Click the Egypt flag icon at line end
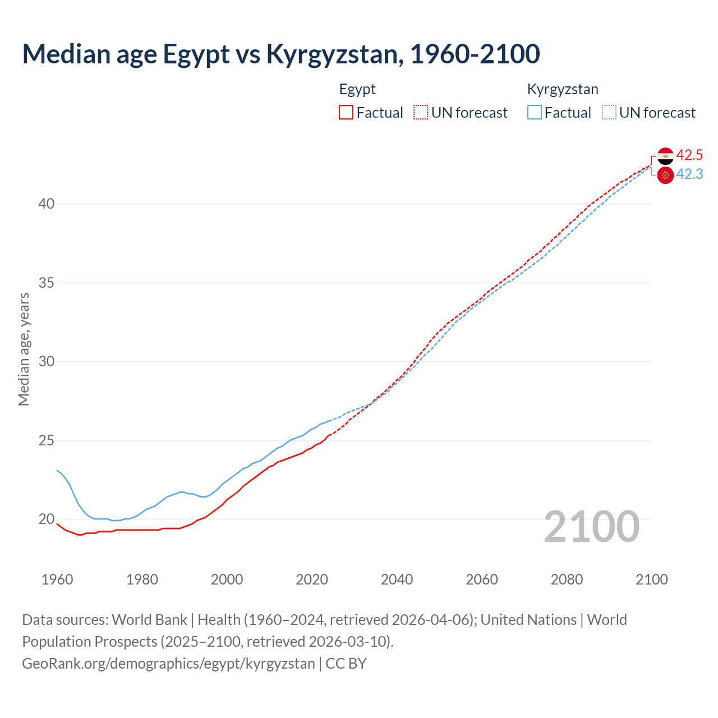[x=665, y=155]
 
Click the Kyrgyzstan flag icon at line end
[x=665, y=175]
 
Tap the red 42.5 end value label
[x=689, y=155]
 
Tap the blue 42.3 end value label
[x=689, y=174]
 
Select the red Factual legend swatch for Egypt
[x=346, y=112]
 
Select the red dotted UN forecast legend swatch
[x=421, y=112]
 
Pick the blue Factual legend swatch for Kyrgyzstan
[x=534, y=112]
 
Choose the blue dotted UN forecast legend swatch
[x=609, y=112]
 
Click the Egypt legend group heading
[x=357, y=89]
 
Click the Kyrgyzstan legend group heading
[x=563, y=89]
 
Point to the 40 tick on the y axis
[x=46, y=204]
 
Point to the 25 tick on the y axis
[x=46, y=440]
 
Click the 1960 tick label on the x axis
[x=57, y=579]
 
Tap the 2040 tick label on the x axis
[x=397, y=579]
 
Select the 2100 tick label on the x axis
[x=651, y=579]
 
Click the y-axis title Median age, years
[x=24, y=349]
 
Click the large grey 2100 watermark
[x=591, y=526]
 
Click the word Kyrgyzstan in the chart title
[x=334, y=54]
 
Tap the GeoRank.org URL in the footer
[x=168, y=664]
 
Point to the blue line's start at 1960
[x=57, y=471]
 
